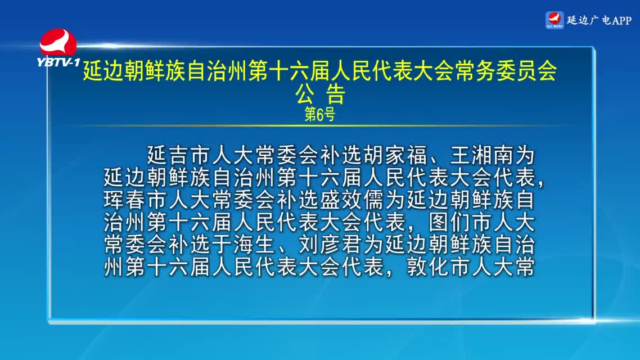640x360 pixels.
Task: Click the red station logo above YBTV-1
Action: pos(58,42)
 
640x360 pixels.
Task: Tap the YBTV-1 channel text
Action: pos(58,62)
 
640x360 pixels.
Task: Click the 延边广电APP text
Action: pos(599,20)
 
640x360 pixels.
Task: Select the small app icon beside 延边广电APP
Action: pos(555,20)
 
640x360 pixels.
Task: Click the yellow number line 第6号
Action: pos(320,114)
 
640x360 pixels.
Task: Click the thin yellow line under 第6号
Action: pos(320,125)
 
